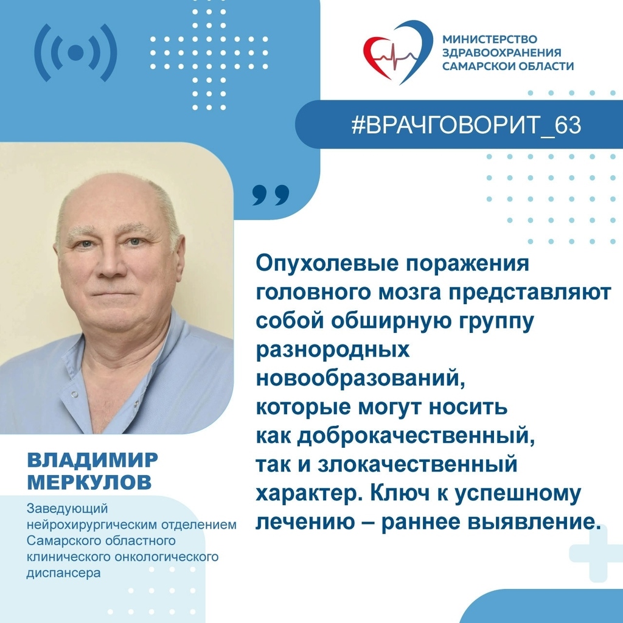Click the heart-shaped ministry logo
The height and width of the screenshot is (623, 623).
coord(398,52)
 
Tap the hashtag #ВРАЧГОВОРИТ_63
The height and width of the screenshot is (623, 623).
coord(466,125)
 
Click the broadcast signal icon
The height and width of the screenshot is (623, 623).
coord(75,53)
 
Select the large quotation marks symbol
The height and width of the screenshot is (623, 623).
coord(271,195)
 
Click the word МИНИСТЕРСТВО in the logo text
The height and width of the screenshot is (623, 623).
coord(490,40)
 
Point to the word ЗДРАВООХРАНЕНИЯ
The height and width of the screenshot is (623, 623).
coord(501,52)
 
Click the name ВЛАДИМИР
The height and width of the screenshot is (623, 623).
coord(92,460)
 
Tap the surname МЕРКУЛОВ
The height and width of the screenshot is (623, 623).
coord(89,482)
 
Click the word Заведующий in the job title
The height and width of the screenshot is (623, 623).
coord(67,509)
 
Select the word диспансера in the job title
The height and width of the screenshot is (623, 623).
coord(63,573)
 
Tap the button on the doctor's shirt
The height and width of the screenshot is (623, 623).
coord(74,394)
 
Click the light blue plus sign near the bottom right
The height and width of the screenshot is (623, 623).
coord(593,553)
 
